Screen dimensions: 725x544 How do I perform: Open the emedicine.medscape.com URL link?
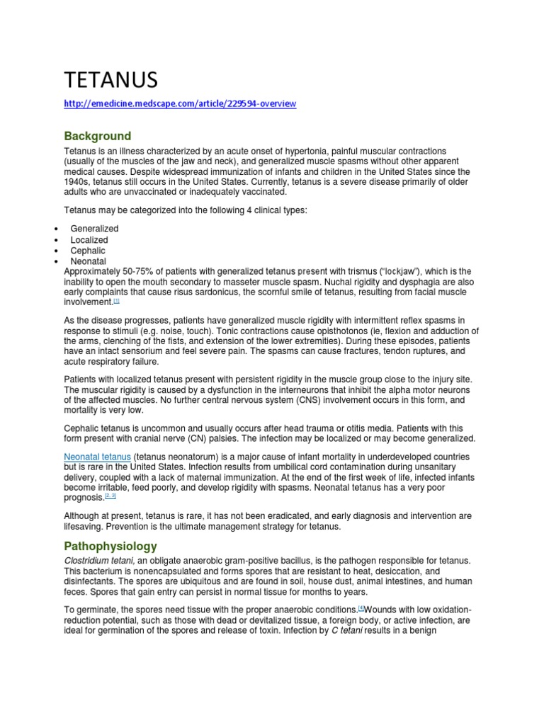pyautogui.click(x=180, y=104)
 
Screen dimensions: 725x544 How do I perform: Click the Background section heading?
pyautogui.click(x=98, y=136)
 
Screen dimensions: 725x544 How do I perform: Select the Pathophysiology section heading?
pyautogui.click(x=110, y=547)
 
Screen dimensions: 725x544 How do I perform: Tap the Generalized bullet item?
pyautogui.click(x=94, y=229)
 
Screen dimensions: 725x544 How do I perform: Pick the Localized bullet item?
pyautogui.click(x=89, y=240)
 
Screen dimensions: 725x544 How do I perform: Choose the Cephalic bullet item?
pyautogui.click(x=89, y=251)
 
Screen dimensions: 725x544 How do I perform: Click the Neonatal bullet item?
pyautogui.click(x=89, y=261)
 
